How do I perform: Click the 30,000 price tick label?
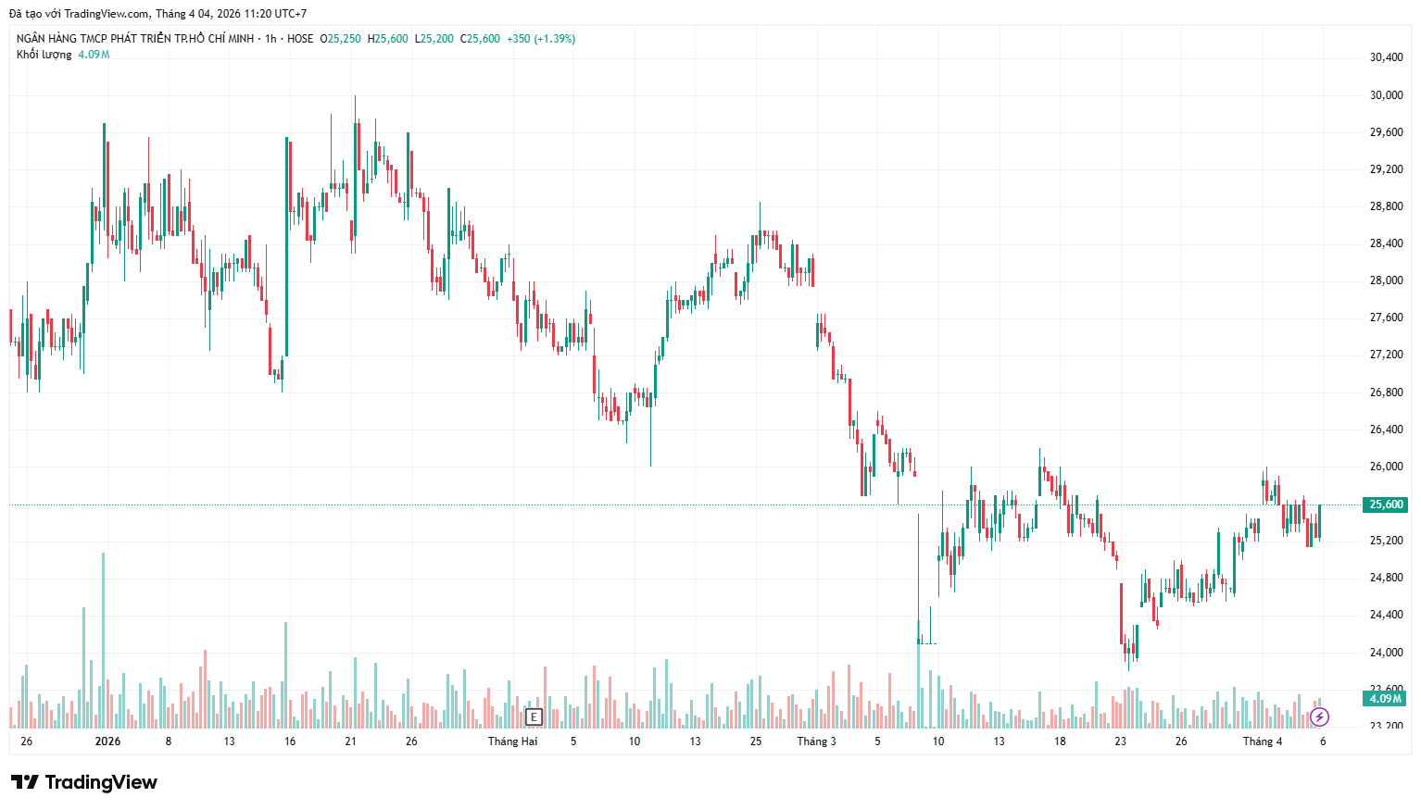click(1386, 95)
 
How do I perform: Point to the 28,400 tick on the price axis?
click(1386, 243)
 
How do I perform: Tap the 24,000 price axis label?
click(1386, 653)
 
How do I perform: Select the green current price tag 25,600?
click(1386, 505)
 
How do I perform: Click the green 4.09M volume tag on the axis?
click(1386, 698)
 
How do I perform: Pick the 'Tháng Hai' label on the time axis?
click(512, 741)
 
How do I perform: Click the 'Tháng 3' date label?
click(816, 741)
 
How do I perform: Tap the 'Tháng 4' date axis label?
click(1263, 741)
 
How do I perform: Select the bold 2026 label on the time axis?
click(108, 741)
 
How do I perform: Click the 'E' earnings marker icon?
click(533, 717)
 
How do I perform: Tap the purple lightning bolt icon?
click(1320, 717)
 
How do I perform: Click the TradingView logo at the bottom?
click(84, 782)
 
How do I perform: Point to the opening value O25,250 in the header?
click(340, 39)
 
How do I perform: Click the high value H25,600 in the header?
click(387, 39)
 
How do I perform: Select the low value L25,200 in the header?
click(434, 39)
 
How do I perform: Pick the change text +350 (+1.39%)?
click(541, 39)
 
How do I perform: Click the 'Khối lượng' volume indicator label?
click(44, 55)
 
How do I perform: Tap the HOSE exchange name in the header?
click(300, 39)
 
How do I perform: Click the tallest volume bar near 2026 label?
click(103, 639)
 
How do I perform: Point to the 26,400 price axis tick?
click(1386, 430)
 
